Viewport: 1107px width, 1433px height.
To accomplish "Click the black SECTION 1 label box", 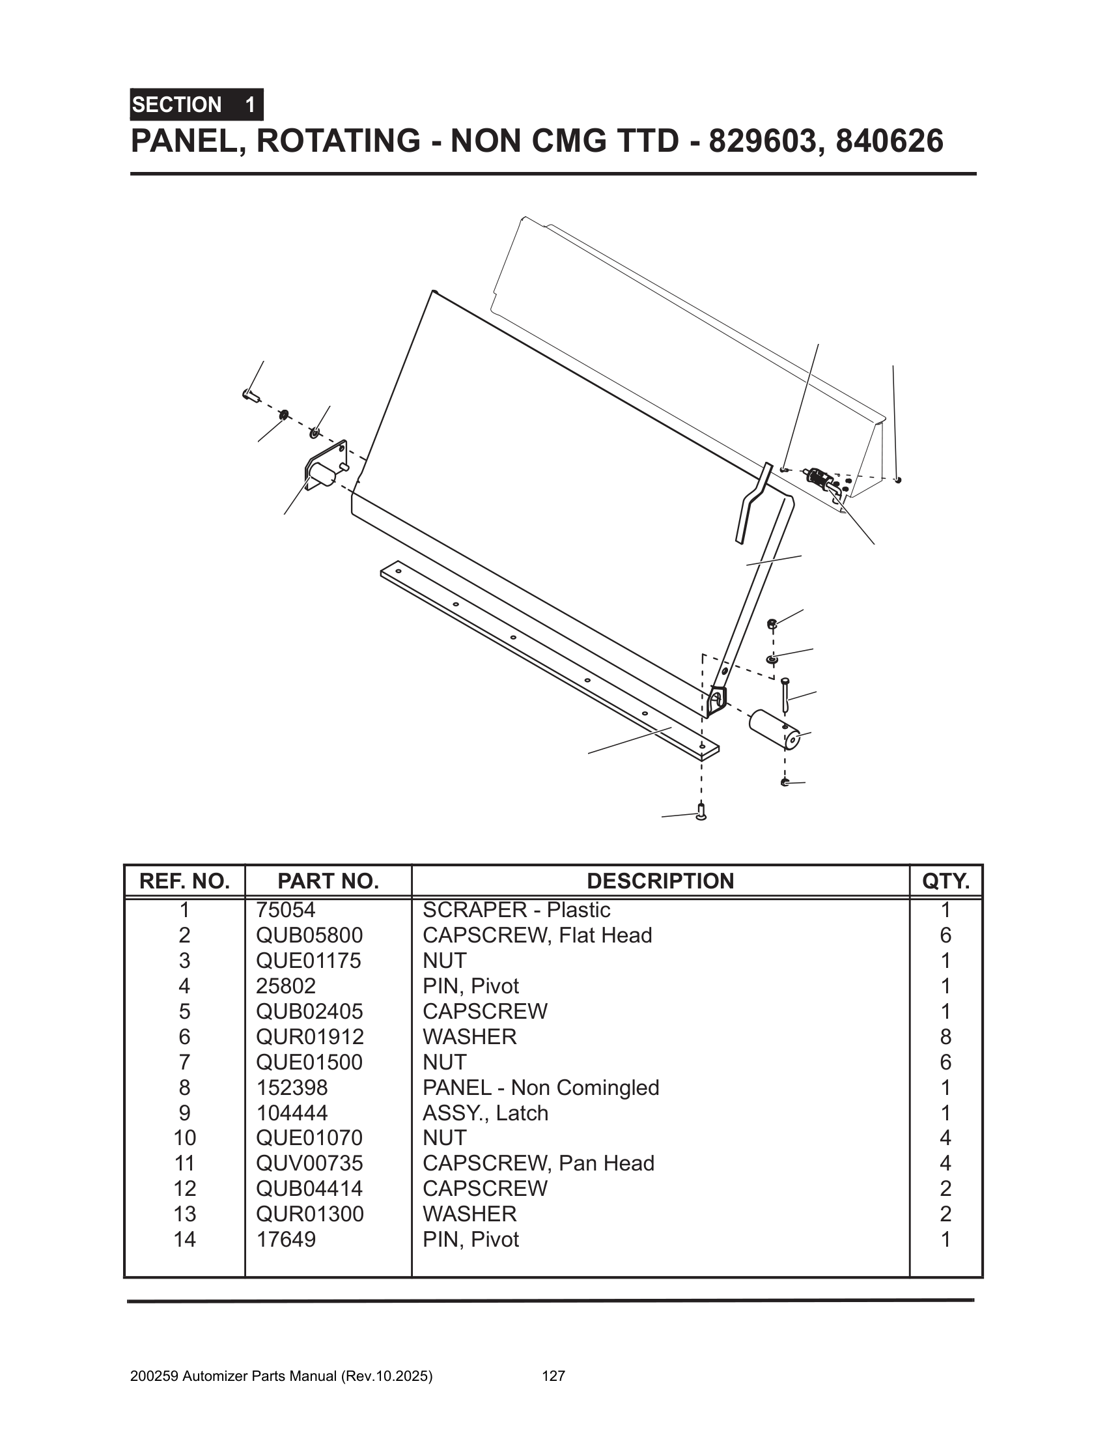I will (197, 105).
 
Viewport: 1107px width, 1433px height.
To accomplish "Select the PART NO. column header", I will (328, 881).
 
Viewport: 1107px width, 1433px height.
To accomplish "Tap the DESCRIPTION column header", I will (660, 881).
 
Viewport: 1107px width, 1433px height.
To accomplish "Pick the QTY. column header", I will (946, 881).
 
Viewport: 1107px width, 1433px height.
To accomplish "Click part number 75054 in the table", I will (286, 910).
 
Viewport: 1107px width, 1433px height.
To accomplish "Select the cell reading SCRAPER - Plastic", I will (516, 910).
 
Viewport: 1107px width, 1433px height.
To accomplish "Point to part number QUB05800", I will (309, 935).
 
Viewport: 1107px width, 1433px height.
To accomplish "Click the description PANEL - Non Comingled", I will (540, 1087).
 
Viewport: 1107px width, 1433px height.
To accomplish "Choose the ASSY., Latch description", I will (485, 1113).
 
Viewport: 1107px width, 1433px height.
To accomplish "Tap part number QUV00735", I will (309, 1163).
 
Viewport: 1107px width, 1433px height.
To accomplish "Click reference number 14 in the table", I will (184, 1240).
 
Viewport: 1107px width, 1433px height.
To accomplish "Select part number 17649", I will (286, 1240).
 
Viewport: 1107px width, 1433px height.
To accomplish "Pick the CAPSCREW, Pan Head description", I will (539, 1163).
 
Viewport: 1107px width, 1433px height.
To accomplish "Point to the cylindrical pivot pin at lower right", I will (773, 728).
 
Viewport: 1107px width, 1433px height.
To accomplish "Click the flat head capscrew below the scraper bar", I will (701, 812).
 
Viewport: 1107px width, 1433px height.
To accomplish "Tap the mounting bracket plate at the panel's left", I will (326, 467).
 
